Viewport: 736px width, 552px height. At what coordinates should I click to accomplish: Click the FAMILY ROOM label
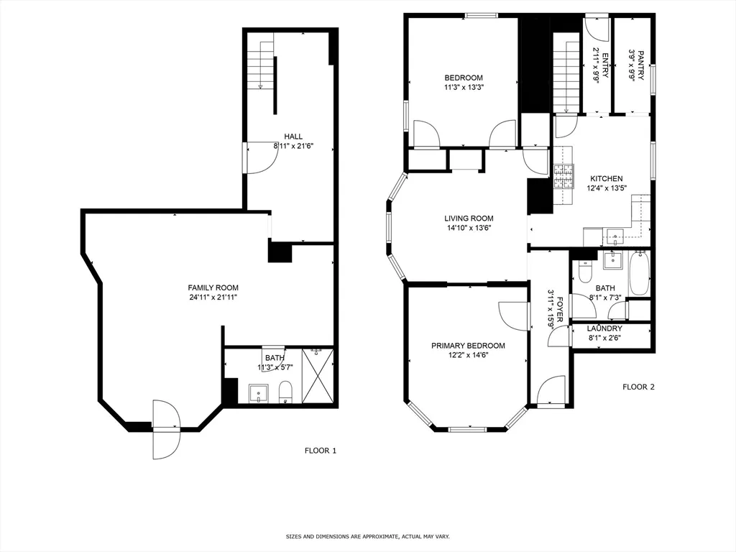(x=213, y=287)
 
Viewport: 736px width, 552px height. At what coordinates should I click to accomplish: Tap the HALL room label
(x=293, y=137)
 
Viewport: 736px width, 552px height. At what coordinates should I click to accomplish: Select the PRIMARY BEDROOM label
(x=468, y=346)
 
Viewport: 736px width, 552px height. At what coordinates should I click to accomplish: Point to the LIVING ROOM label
(x=469, y=218)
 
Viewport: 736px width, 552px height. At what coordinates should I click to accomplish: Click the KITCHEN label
(x=606, y=179)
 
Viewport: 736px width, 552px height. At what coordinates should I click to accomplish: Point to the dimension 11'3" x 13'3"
(x=464, y=88)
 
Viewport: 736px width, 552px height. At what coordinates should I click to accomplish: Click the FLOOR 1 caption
(x=321, y=451)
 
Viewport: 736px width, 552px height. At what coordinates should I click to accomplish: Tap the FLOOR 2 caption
(x=638, y=387)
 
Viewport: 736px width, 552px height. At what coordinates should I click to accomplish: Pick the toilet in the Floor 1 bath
(x=285, y=392)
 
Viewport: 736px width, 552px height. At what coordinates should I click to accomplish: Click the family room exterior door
(x=165, y=429)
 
